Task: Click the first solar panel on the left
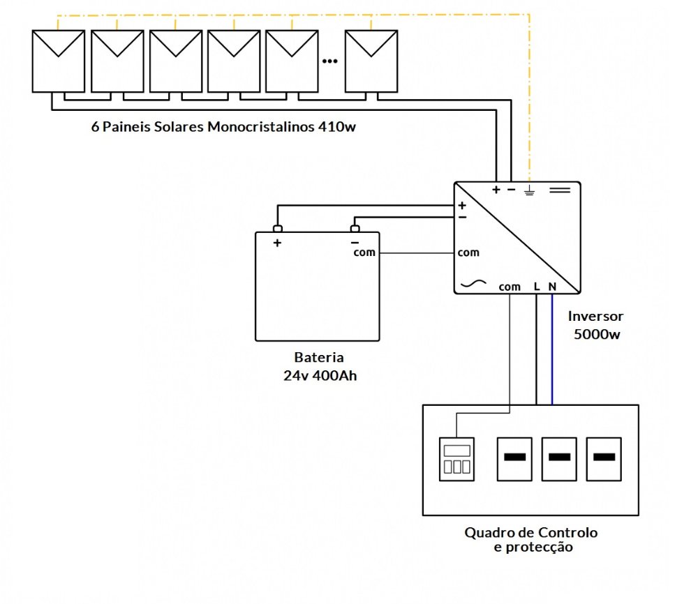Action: [x=59, y=61]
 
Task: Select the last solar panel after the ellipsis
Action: [x=373, y=61]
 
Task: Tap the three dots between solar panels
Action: [x=329, y=61]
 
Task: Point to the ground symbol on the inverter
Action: [x=530, y=190]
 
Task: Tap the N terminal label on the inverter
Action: [x=552, y=287]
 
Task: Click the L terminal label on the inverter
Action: [x=537, y=287]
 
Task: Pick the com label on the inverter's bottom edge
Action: [x=510, y=287]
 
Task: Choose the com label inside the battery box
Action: [x=364, y=252]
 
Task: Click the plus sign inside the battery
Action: [x=277, y=243]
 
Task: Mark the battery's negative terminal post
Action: [x=355, y=229]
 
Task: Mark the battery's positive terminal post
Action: [x=277, y=229]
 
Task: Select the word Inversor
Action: [x=595, y=316]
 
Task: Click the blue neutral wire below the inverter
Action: [x=552, y=349]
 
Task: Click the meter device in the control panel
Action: [x=456, y=459]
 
